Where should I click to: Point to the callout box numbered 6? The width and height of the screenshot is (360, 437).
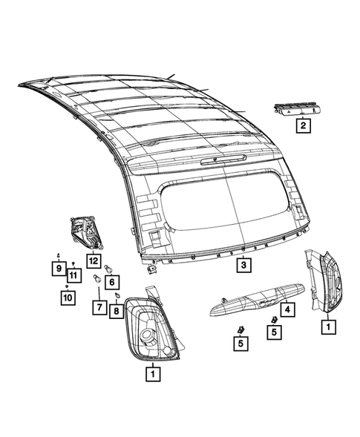click(111, 282)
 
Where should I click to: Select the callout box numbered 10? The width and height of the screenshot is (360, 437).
click(67, 298)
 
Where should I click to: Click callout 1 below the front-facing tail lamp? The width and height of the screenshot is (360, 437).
click(152, 375)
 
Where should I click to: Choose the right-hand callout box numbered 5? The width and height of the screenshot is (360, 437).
click(274, 332)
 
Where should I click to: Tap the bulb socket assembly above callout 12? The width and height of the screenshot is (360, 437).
click(86, 231)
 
